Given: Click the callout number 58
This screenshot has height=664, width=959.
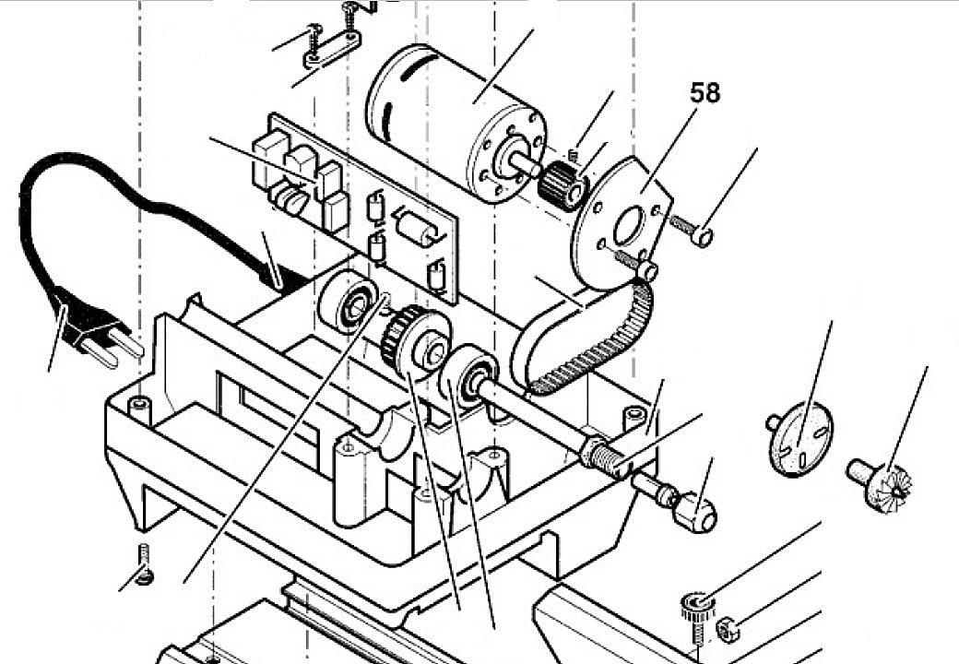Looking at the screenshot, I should tap(704, 93).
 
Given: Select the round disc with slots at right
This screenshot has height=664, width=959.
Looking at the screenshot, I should tap(799, 441).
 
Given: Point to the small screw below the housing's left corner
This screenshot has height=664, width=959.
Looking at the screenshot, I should tap(145, 565).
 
